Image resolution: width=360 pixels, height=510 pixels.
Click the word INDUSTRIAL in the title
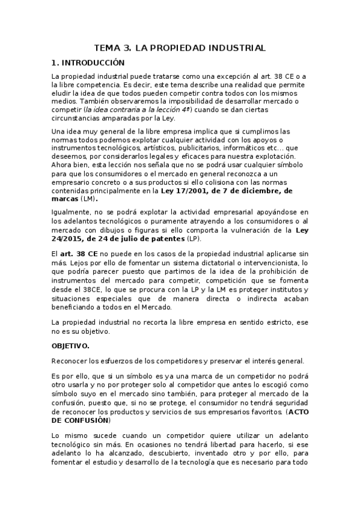coord(231,48)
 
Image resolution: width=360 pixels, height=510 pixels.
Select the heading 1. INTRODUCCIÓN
coord(88,62)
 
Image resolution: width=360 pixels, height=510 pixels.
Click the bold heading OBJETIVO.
coord(71,346)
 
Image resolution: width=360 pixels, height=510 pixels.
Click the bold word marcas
coord(66,198)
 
